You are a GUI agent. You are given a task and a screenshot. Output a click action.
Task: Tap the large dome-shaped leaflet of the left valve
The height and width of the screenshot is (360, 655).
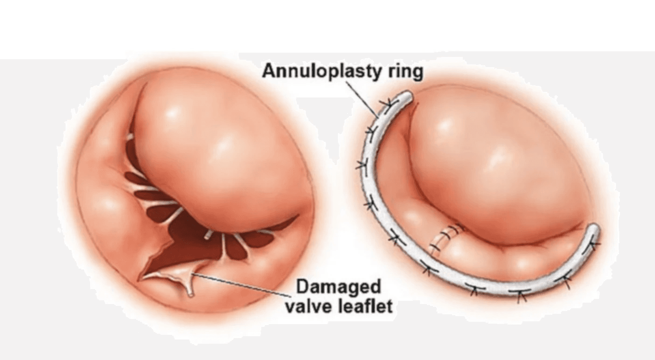(215, 149)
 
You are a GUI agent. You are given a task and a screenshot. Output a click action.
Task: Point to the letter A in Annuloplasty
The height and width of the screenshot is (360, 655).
(268, 71)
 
